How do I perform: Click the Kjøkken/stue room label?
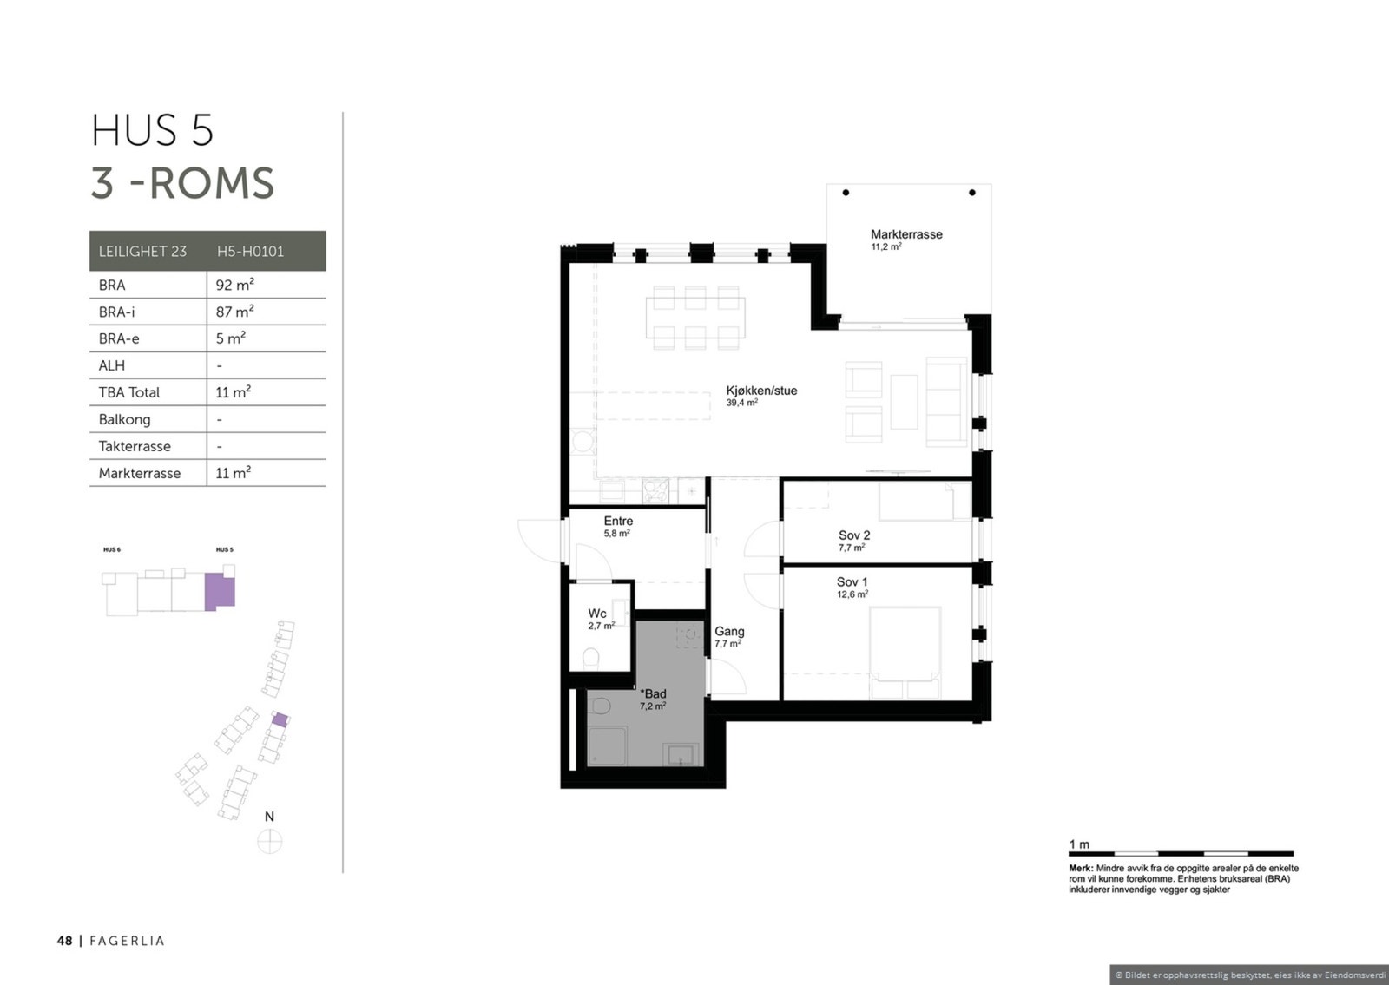point(761,391)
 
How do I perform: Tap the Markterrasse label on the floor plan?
point(906,234)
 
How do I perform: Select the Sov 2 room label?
point(854,535)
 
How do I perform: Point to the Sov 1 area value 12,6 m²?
point(852,594)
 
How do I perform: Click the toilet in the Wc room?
point(591,659)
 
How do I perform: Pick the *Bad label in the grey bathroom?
point(653,693)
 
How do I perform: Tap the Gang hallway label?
point(729,631)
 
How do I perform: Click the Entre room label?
point(618,522)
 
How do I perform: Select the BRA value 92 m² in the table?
point(235,285)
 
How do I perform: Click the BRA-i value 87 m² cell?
point(235,312)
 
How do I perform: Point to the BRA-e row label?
point(119,338)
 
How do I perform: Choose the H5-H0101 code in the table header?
point(251,251)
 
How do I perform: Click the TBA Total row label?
point(129,392)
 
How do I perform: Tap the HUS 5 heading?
point(153,130)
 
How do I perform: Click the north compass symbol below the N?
point(270,842)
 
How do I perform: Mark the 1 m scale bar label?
point(1079,844)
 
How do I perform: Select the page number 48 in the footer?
point(64,941)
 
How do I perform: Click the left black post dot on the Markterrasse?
point(846,193)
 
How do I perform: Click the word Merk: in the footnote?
point(1081,869)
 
